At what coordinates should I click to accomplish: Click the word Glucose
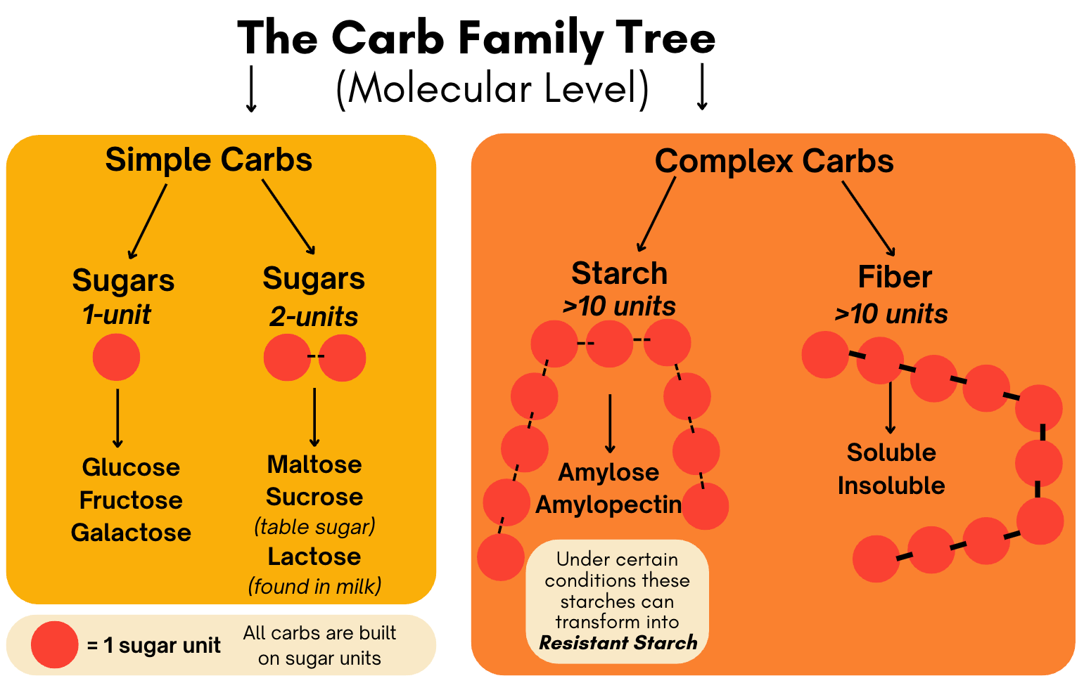tap(131, 467)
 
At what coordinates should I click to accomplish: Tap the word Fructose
tap(131, 500)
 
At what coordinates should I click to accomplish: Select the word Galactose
tap(131, 533)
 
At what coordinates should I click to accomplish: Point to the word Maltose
tap(314, 464)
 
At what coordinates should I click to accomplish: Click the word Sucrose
tap(314, 497)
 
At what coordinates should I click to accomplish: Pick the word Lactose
tap(314, 557)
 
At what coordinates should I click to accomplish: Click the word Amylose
tap(608, 472)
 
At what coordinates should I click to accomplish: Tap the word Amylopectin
tap(608, 505)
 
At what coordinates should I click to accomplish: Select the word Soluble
tap(891, 453)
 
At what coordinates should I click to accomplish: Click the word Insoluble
tap(891, 486)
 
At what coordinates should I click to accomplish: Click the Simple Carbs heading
tap(208, 160)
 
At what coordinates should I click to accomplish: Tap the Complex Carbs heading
tap(774, 161)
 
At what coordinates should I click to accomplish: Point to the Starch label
tap(619, 273)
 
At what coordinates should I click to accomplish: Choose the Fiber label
tap(895, 277)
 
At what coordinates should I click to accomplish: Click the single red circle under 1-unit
tap(116, 357)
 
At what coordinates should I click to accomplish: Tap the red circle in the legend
tap(54, 644)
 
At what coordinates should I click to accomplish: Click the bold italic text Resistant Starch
tap(618, 643)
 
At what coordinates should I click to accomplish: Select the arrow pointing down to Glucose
tap(117, 418)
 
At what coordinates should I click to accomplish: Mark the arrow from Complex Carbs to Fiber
tap(869, 219)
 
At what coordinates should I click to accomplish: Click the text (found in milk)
tap(314, 586)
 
